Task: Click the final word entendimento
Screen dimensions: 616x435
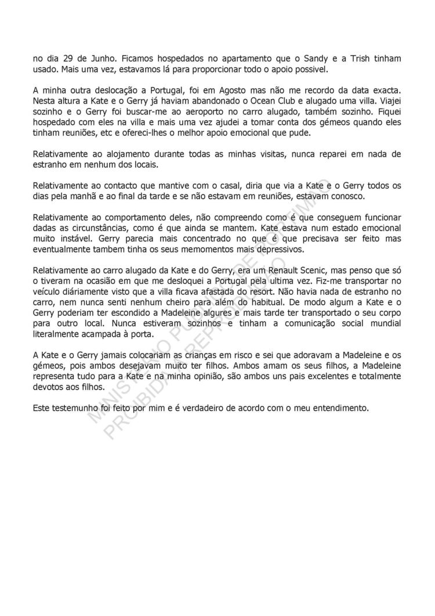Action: tap(340, 408)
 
